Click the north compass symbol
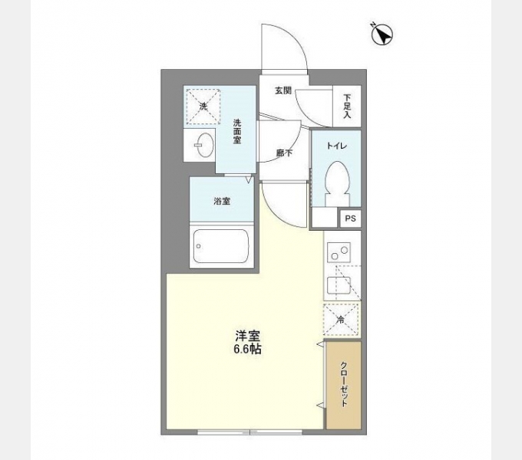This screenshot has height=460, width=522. click(382, 34)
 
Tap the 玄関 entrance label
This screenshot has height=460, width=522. click(283, 90)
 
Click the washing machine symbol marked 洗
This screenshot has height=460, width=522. click(203, 107)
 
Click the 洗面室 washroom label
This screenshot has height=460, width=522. click(238, 133)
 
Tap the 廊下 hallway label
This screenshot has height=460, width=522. click(283, 153)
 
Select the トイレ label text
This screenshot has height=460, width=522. click(337, 145)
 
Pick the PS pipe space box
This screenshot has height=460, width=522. click(350, 219)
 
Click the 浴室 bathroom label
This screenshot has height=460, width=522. click(222, 201)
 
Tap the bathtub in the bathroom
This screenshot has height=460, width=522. click(221, 246)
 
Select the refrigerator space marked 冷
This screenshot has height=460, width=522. click(341, 320)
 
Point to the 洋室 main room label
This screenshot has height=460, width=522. click(249, 335)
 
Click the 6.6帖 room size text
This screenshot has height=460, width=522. click(249, 350)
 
